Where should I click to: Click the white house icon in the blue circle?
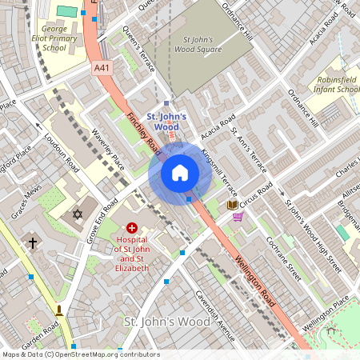(x=180, y=172)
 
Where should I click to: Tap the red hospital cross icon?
(x=132, y=228)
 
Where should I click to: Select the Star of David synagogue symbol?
(x=78, y=214)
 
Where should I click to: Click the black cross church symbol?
(x=33, y=242)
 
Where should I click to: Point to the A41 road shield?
(x=102, y=69)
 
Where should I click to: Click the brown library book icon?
(x=233, y=206)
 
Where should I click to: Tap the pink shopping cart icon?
(x=238, y=216)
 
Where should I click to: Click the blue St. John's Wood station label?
(x=166, y=122)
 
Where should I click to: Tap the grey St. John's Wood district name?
(x=167, y=321)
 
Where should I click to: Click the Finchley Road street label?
(x=144, y=133)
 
